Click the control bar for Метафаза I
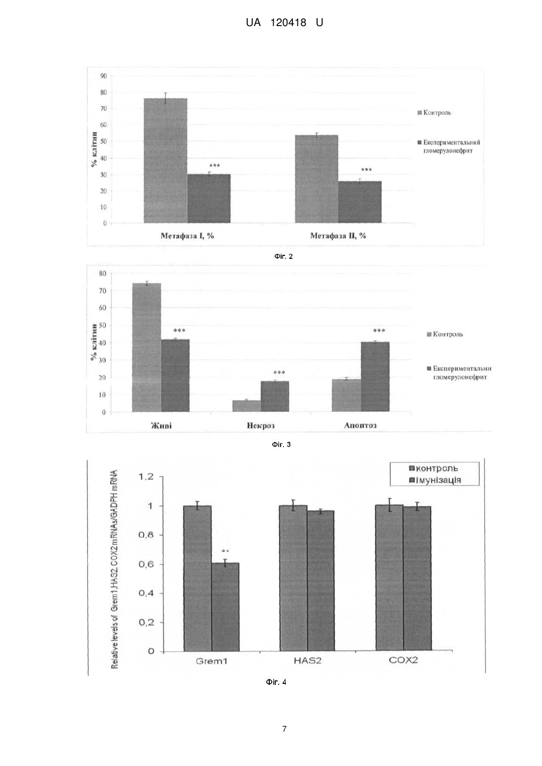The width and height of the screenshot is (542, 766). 165,161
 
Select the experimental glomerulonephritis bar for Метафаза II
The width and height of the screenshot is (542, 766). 360,202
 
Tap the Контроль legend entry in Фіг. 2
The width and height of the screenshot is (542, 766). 434,113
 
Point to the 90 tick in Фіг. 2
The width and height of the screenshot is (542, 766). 103,76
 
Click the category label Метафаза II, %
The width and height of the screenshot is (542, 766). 338,236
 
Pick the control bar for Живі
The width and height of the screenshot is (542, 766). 146,347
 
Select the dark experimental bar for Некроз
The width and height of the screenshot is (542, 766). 275,397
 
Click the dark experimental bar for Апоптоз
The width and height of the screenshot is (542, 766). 375,377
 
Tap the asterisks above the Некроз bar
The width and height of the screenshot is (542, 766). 279,372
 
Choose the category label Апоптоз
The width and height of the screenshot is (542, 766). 360,426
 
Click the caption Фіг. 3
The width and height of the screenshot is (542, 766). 281,445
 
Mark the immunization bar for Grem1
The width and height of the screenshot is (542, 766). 225,607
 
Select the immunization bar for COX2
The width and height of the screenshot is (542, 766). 417,579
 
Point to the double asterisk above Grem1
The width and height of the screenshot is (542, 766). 225,551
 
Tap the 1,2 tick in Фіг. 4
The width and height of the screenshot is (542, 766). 146,477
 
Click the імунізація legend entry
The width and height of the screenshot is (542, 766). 435,480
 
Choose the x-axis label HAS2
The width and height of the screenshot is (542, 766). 308,661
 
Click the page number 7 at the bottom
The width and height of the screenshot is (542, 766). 285,729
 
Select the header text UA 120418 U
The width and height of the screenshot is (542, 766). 285,23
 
